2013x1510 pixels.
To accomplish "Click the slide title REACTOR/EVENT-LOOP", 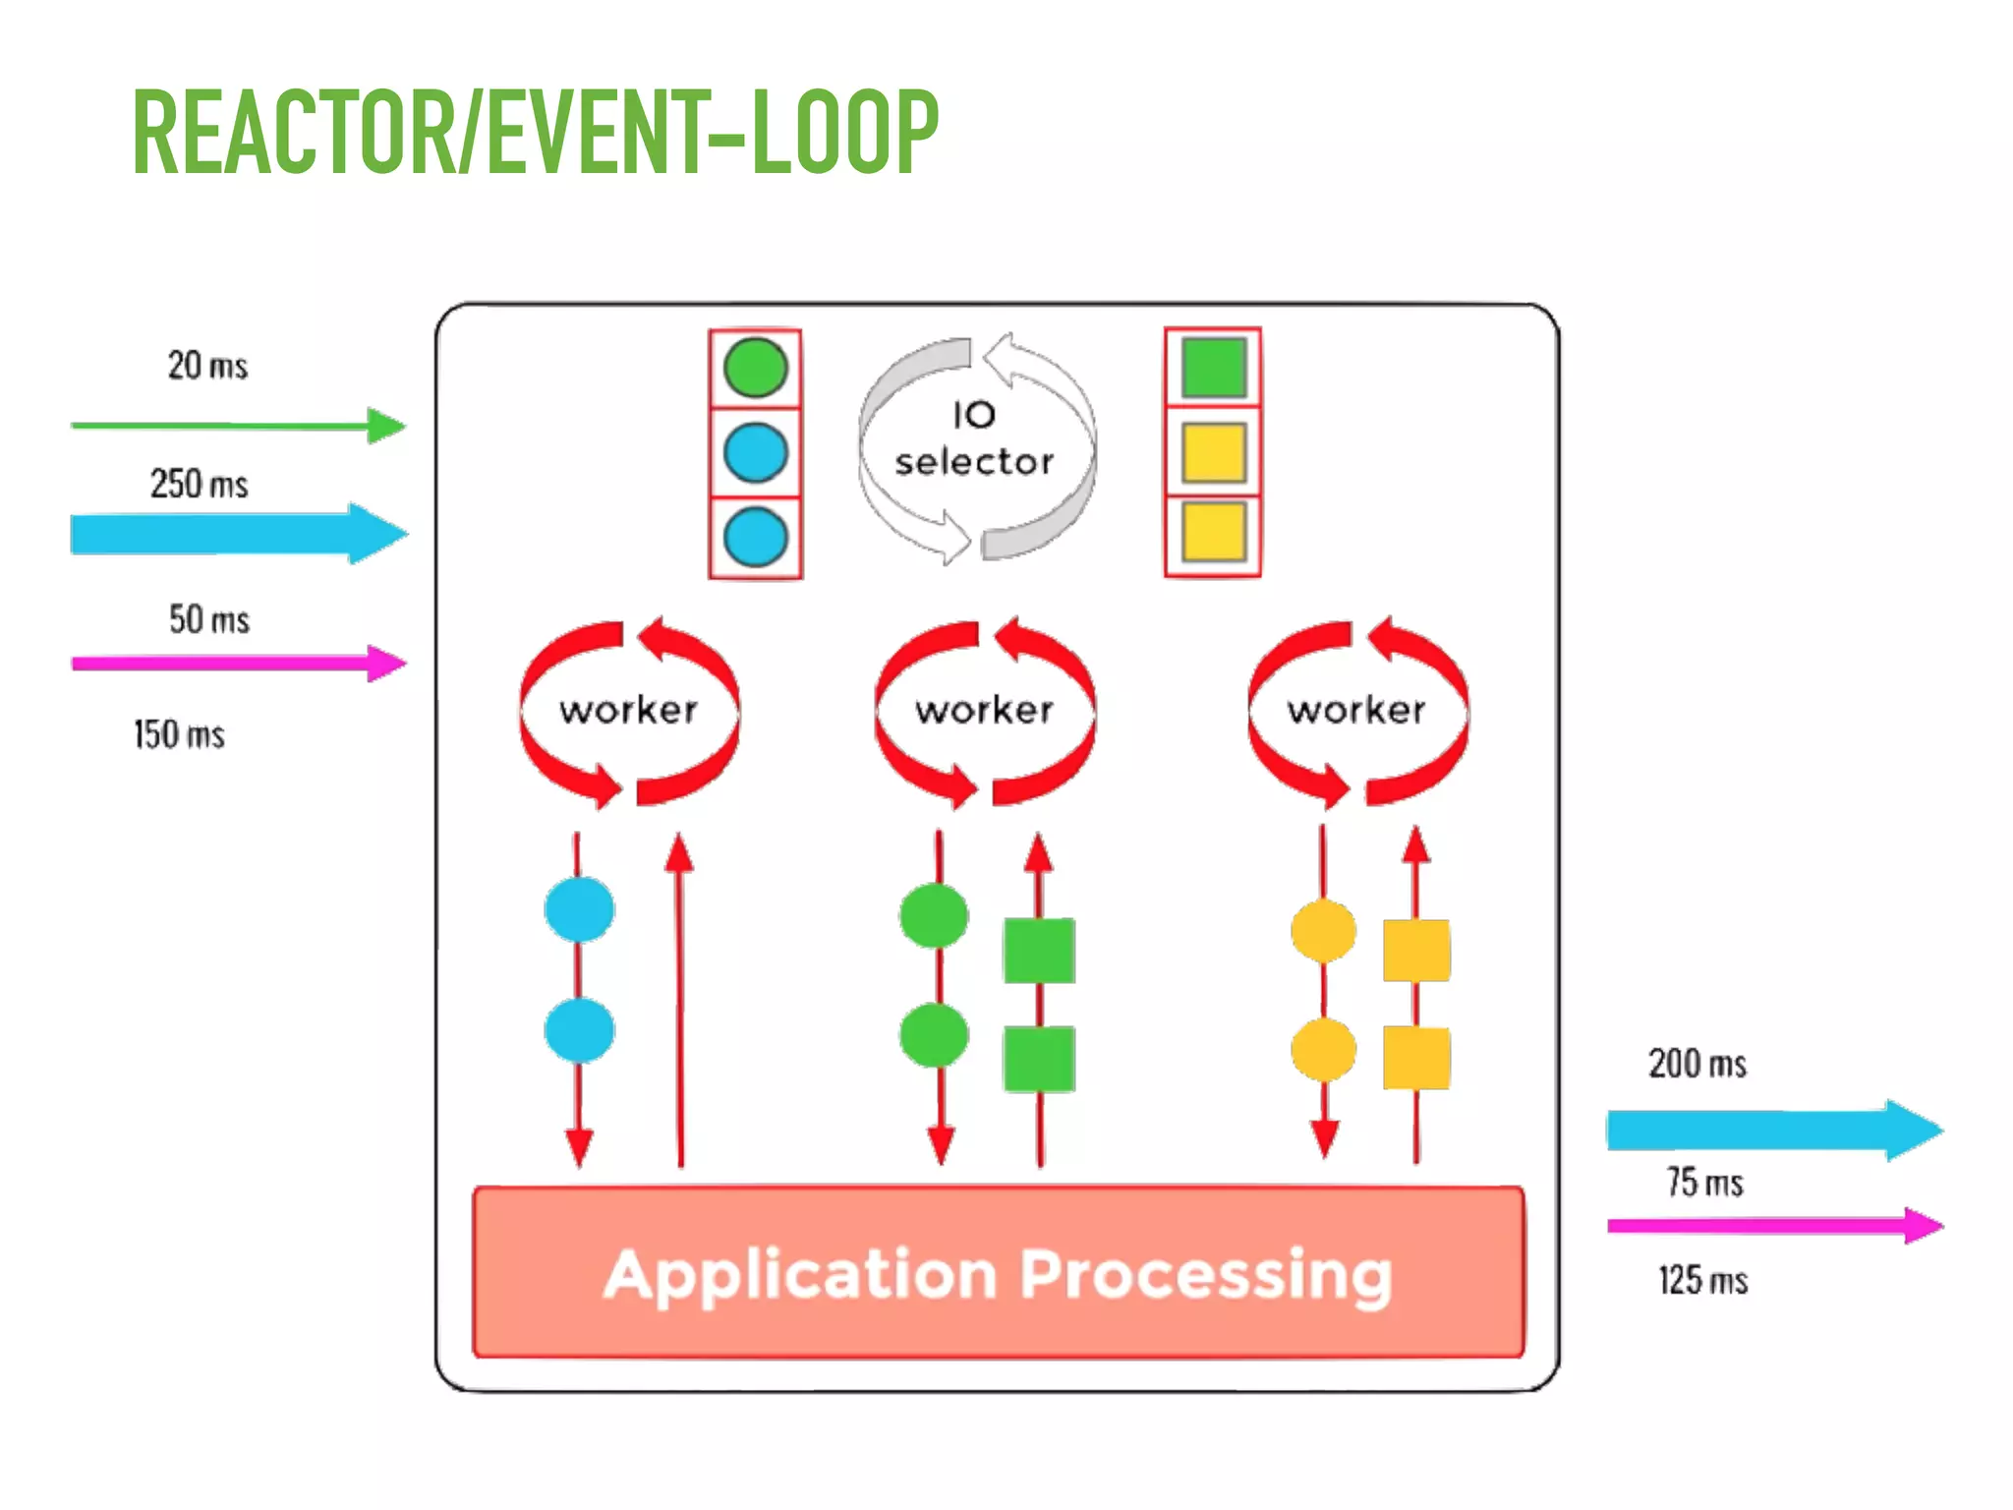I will click(536, 133).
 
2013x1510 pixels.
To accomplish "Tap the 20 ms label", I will click(207, 366).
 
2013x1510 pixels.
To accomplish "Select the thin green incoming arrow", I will click(236, 426).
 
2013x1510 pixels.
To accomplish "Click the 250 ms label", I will click(200, 484).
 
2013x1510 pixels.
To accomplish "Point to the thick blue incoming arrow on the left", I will click(236, 534).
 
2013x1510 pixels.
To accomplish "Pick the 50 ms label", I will click(209, 619).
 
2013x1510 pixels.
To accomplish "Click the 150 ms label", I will click(180, 734).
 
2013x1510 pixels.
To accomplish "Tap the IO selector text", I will click(974, 439).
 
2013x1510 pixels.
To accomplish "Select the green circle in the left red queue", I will click(755, 369).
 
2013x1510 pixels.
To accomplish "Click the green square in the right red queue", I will click(1214, 368).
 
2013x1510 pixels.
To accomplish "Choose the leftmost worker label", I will click(629, 710).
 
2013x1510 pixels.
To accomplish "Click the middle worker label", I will click(985, 710).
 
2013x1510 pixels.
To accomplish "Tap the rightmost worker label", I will click(1356, 710).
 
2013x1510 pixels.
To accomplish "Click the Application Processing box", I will click(999, 1273).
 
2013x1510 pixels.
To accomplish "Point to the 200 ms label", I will click(1697, 1064).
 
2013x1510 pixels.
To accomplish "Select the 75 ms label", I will click(1704, 1182).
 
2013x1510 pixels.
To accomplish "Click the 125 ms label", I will click(1703, 1280).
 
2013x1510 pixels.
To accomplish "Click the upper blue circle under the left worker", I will click(580, 909).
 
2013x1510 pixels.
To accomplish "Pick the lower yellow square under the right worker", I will click(1416, 1058).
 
